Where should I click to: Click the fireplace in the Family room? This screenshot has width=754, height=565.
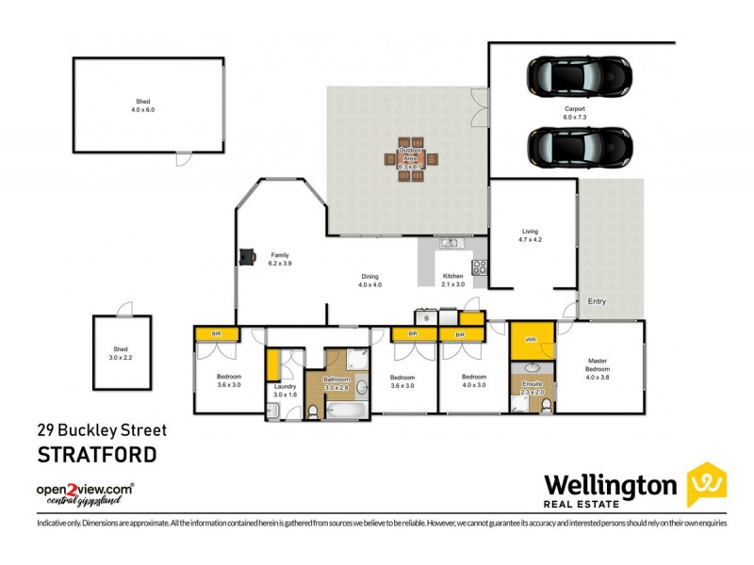pyautogui.click(x=247, y=257)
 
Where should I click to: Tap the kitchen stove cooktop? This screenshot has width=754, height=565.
pyautogui.click(x=479, y=266)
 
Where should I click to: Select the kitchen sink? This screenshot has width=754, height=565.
pyautogui.click(x=450, y=244)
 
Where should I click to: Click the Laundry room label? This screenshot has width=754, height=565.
pyautogui.click(x=285, y=390)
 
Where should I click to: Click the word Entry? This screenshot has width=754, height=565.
pyautogui.click(x=597, y=301)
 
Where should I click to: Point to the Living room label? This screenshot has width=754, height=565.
pyautogui.click(x=531, y=235)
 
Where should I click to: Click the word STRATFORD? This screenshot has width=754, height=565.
pyautogui.click(x=96, y=455)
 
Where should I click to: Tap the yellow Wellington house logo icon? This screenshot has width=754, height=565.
pyautogui.click(x=706, y=484)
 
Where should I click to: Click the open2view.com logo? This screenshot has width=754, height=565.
pyautogui.click(x=85, y=492)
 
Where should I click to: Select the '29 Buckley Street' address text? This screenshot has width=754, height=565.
pyautogui.click(x=101, y=430)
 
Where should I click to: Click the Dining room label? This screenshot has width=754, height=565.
pyautogui.click(x=369, y=280)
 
